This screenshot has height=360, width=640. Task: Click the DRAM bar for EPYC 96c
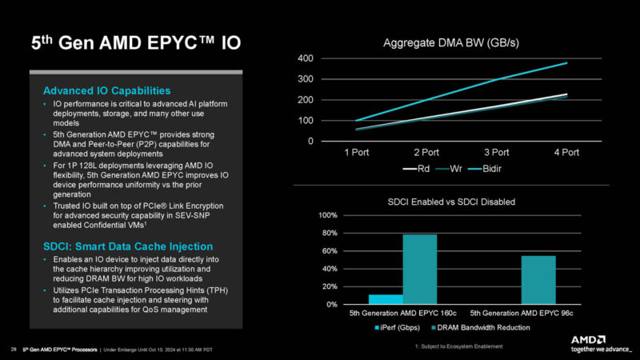(x=538, y=280)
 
